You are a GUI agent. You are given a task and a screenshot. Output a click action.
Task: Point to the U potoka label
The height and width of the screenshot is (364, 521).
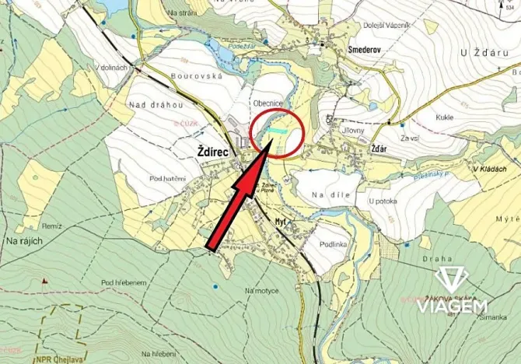tap(383, 201)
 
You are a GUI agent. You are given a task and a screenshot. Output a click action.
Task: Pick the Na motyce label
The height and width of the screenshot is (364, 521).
tap(261, 290)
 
